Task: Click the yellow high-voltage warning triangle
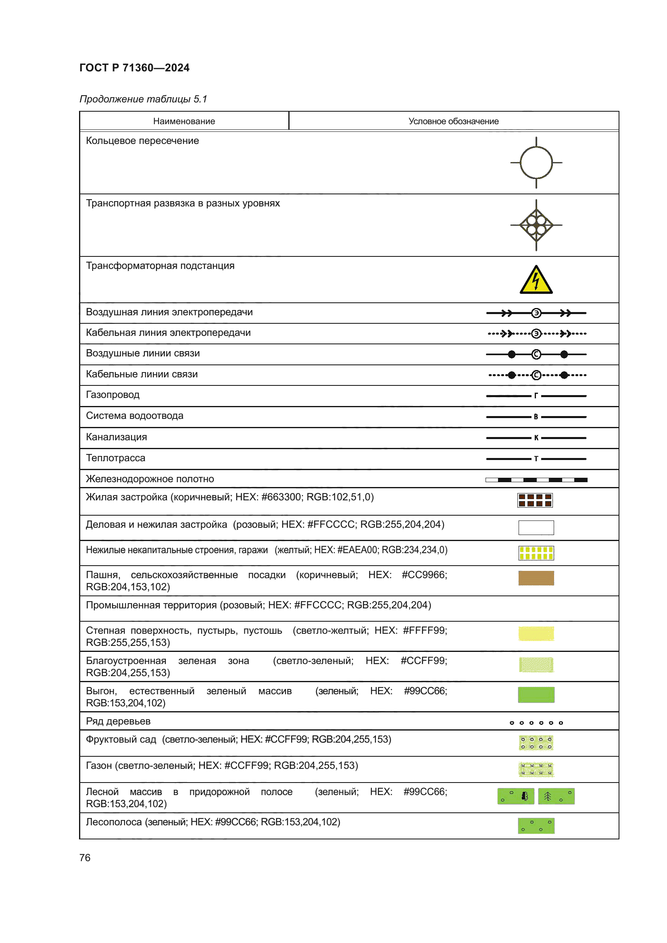tap(536, 280)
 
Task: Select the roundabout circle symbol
tap(536, 162)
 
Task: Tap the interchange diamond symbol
tap(536, 225)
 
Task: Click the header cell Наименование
tap(184, 121)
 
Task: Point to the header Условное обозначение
tap(453, 121)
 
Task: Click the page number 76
tap(85, 858)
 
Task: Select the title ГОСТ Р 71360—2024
tap(134, 68)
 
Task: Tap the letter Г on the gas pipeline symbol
tap(536, 396)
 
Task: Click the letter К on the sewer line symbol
tap(536, 438)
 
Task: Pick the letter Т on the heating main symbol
tap(536, 459)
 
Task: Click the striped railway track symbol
tap(536, 480)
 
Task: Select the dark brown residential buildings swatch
tap(535, 500)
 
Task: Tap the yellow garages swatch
tap(536, 553)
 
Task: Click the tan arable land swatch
tap(536, 578)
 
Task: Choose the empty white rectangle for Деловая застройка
tap(536, 528)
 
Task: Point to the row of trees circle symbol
tap(536, 723)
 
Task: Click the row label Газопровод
tap(113, 395)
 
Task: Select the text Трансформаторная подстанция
tap(160, 266)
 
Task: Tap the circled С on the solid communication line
tap(536, 354)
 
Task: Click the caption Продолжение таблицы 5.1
tap(143, 99)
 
